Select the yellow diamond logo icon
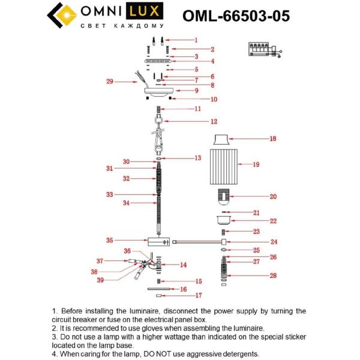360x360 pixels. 61,16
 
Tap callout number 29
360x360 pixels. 109,82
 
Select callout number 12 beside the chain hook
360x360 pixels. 196,121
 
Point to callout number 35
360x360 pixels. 109,240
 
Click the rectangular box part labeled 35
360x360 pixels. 158,241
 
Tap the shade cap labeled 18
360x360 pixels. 223,139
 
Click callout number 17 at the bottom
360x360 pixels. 199,295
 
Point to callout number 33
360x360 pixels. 109,194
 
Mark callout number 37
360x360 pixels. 100,261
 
